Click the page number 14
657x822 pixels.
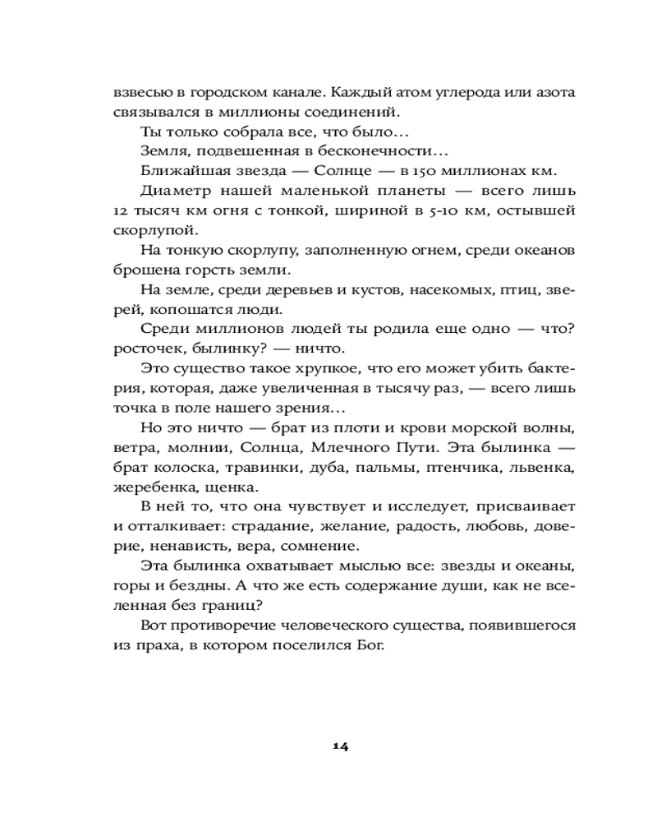point(341,746)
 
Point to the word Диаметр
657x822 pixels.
point(174,191)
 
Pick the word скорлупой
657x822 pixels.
point(146,231)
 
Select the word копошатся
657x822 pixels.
point(194,310)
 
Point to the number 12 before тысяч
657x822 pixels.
point(122,210)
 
